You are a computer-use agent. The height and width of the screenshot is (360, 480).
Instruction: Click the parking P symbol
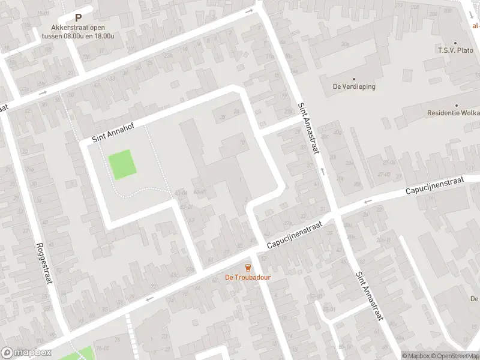coord(78,18)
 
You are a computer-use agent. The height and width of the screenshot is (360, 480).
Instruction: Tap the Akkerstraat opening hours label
coord(78,31)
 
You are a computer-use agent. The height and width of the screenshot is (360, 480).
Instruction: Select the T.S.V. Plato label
coord(455,51)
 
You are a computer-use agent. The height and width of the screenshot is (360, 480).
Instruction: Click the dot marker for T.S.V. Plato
coord(455,43)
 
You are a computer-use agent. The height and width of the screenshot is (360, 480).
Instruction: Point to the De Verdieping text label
coord(354,86)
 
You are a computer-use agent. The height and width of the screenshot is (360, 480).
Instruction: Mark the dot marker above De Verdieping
coord(354,79)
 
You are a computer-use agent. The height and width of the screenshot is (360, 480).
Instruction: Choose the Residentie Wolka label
coord(453,113)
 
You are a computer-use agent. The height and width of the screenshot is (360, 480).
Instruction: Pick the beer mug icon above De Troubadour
coord(248,268)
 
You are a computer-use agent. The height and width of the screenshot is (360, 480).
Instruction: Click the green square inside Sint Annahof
coord(122,164)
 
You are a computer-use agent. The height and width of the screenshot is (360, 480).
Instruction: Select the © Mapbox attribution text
coord(416,356)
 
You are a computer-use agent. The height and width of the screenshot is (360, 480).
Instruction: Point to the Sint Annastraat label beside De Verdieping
coord(307,127)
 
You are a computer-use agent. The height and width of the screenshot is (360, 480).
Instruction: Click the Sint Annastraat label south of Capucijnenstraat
coord(368,296)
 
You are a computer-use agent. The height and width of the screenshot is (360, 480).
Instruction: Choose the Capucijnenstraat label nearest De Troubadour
coord(295,234)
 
